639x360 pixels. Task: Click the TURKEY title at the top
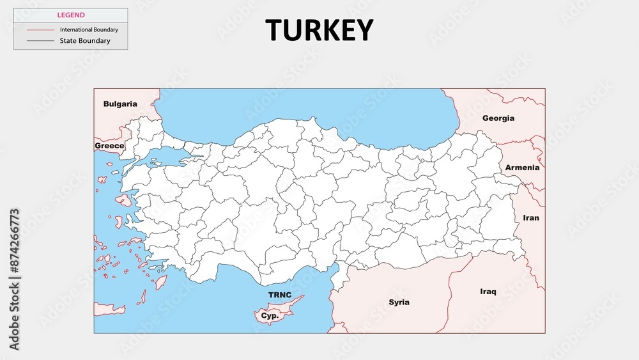[x=319, y=29]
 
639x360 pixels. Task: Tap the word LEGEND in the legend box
[x=71, y=15]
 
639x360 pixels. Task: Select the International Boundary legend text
[x=89, y=29]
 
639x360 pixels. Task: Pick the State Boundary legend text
[x=85, y=41]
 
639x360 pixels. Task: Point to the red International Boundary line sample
[x=40, y=29]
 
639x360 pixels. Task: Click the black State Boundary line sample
[x=40, y=41]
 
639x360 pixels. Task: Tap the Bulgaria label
[x=120, y=104]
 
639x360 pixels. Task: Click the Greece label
[x=109, y=146]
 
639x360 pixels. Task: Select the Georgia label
[x=498, y=118]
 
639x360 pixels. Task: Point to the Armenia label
[x=522, y=168]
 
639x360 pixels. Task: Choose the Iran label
[x=531, y=217]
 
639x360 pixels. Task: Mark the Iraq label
[x=488, y=292]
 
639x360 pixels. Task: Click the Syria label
[x=399, y=302]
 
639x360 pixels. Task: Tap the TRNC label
[x=279, y=295]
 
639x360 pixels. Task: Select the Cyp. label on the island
[x=269, y=316]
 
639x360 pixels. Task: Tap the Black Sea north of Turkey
[x=307, y=109]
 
